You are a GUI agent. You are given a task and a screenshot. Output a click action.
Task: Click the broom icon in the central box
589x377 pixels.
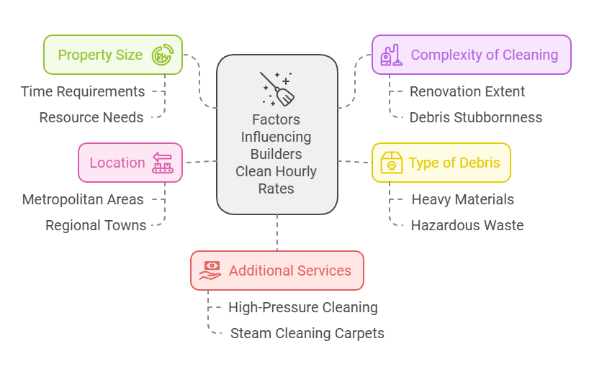(277, 88)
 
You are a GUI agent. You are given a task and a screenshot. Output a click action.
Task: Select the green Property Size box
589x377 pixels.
(113, 55)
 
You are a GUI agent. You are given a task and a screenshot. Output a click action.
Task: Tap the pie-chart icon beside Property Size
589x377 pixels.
(162, 55)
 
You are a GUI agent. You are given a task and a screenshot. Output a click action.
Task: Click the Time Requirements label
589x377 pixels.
(83, 91)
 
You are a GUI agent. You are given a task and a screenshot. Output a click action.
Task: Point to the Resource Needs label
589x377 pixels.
(91, 117)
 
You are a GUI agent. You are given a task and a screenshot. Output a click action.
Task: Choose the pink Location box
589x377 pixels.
(130, 163)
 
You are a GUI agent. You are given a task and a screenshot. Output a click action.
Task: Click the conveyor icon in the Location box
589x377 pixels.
(163, 163)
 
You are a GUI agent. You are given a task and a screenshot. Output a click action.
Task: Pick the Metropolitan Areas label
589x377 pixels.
(83, 199)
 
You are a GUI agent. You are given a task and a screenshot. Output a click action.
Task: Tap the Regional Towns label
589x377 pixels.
(96, 225)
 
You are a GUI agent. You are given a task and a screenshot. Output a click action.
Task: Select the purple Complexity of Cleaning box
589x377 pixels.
(471, 55)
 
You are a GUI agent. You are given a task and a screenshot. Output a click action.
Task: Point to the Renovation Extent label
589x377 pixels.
(467, 91)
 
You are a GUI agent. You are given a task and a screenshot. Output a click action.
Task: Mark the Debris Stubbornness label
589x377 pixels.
(476, 117)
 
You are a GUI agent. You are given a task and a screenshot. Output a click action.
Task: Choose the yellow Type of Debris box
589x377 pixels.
(441, 163)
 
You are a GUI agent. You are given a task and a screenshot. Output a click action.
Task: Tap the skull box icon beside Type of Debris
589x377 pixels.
(391, 163)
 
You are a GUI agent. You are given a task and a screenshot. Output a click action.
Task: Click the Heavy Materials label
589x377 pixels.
(463, 199)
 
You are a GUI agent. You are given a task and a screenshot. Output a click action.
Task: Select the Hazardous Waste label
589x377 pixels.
(467, 225)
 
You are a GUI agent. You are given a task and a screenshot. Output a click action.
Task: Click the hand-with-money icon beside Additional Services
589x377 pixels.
(211, 271)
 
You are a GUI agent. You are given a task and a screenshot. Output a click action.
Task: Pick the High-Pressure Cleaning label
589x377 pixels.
(303, 307)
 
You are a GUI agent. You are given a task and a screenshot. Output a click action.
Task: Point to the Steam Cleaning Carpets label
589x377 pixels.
(307, 333)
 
